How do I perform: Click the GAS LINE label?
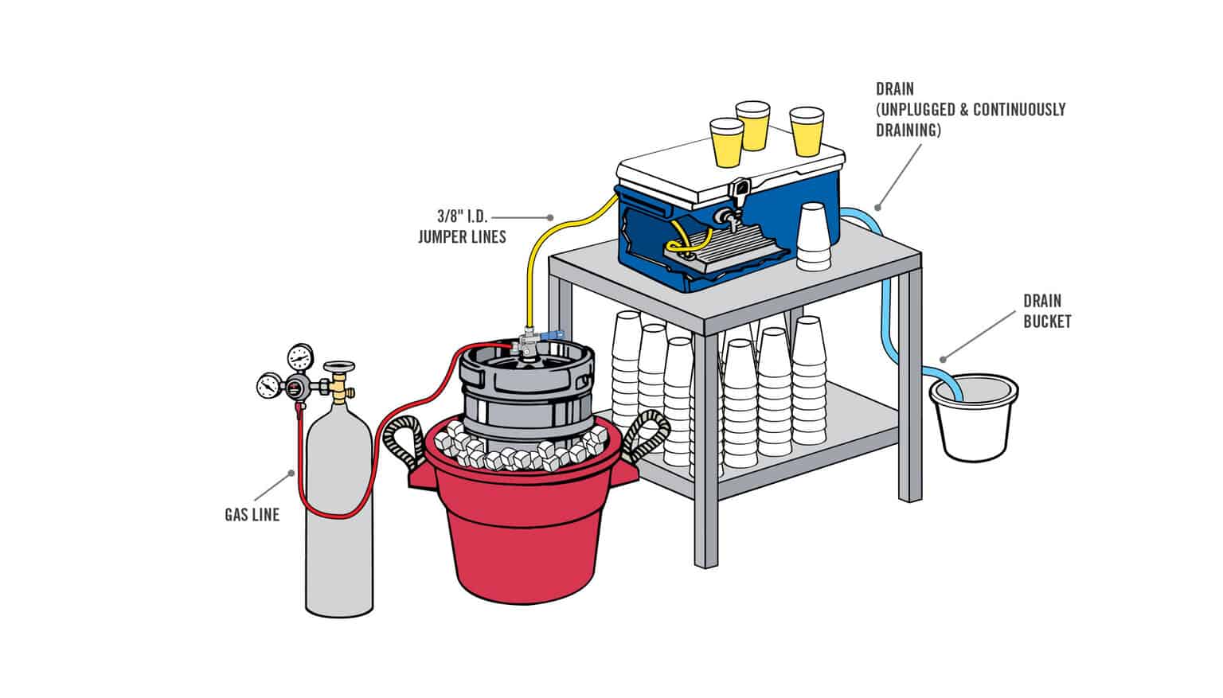252,515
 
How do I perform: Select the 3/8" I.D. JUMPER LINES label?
462,226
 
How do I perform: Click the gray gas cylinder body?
339,525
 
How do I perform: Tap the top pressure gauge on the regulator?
301,356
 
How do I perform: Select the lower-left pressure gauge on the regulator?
268,386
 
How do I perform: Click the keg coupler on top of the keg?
527,343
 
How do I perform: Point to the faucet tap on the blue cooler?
725,216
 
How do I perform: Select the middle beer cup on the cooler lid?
751,125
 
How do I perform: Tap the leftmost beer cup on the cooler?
725,143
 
